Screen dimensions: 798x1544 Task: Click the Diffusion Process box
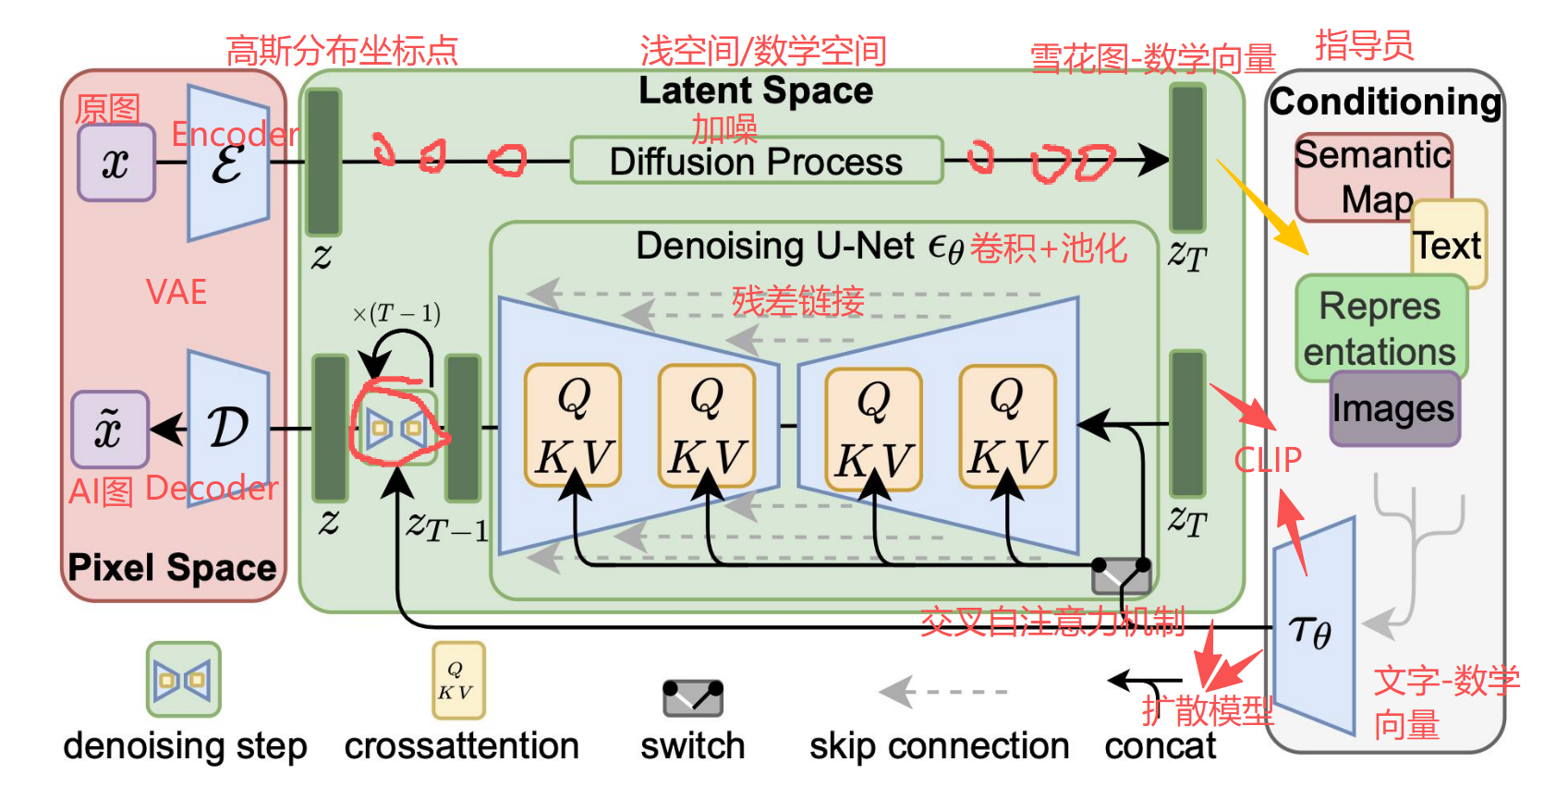[x=756, y=161]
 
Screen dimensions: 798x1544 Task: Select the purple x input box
[x=115, y=163]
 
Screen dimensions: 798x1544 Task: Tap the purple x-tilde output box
[x=109, y=429]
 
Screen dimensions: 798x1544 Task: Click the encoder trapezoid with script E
[x=227, y=163]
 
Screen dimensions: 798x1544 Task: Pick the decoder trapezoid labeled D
[x=227, y=428]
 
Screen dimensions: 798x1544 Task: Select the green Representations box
[x=1380, y=328]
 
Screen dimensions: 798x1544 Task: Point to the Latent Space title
[x=755, y=91]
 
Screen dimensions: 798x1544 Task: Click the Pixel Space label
[x=172, y=567]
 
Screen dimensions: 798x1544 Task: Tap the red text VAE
[x=176, y=292]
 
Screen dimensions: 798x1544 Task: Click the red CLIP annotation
[x=1267, y=459]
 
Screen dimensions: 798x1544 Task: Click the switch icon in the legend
[x=692, y=698]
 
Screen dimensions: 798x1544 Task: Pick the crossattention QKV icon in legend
[x=458, y=681]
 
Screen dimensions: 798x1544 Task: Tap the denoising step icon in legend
[x=183, y=681]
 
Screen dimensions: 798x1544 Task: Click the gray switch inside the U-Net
[x=1121, y=576]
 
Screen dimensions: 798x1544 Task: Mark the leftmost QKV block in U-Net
[x=573, y=425]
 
